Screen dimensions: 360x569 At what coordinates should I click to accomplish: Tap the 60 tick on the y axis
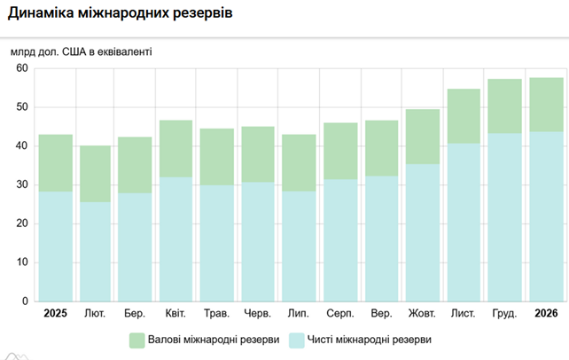pos(22,68)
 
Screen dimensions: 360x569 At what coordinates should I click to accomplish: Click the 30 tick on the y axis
pos(22,185)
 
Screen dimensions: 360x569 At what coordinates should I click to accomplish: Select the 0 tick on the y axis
pos(26,301)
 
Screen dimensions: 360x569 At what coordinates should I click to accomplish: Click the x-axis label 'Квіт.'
pos(175,314)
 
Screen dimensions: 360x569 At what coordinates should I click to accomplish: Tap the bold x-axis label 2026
pos(547,314)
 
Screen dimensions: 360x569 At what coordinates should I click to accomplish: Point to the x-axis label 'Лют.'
pos(94,314)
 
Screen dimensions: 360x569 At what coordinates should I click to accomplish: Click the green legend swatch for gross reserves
pos(136,340)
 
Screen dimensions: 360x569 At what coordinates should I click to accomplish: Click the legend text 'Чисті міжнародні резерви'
pos(370,340)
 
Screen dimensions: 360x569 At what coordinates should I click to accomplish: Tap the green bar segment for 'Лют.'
pos(95,174)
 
